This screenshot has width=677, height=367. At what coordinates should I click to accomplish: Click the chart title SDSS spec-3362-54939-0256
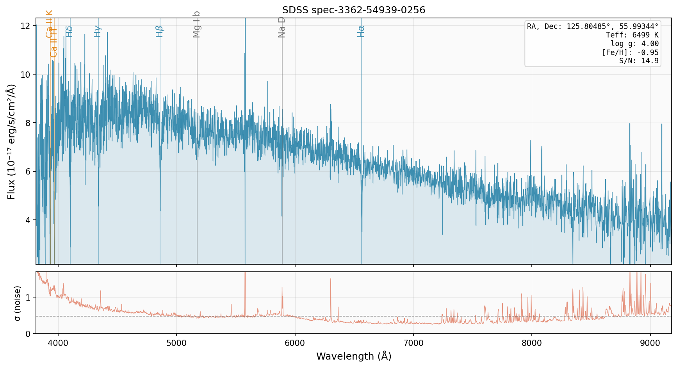[354, 10]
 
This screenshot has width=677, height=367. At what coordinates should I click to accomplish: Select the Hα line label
[361, 31]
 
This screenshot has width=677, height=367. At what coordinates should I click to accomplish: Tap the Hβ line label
[160, 31]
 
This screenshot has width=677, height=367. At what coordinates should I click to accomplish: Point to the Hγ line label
[98, 31]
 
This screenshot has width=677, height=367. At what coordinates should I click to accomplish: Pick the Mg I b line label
[197, 24]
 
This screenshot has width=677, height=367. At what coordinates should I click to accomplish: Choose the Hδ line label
[69, 31]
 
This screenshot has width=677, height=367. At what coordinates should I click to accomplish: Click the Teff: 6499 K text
[632, 35]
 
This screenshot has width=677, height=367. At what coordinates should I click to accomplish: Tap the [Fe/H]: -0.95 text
[630, 53]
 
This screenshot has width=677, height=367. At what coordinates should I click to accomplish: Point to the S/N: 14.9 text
[639, 61]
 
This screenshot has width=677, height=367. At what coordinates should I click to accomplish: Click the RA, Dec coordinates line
[593, 27]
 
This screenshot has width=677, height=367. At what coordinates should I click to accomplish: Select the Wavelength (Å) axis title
[354, 356]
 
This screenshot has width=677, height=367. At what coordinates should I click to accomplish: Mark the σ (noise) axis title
[17, 303]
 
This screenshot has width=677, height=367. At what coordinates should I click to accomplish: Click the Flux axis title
[11, 141]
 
